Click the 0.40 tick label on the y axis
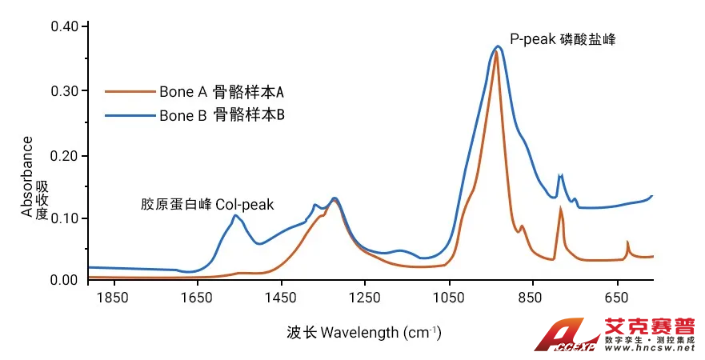pyautogui.click(x=64, y=27)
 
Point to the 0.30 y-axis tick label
pyautogui.click(x=64, y=91)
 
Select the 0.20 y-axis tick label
pyautogui.click(x=64, y=155)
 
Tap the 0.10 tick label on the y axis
pyautogui.click(x=64, y=218)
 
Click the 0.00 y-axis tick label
pyautogui.click(x=64, y=280)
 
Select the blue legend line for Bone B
pyautogui.click(x=129, y=115)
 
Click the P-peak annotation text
pyautogui.click(x=563, y=38)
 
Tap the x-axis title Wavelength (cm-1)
pyautogui.click(x=363, y=331)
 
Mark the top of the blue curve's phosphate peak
pyautogui.click(x=498, y=46)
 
